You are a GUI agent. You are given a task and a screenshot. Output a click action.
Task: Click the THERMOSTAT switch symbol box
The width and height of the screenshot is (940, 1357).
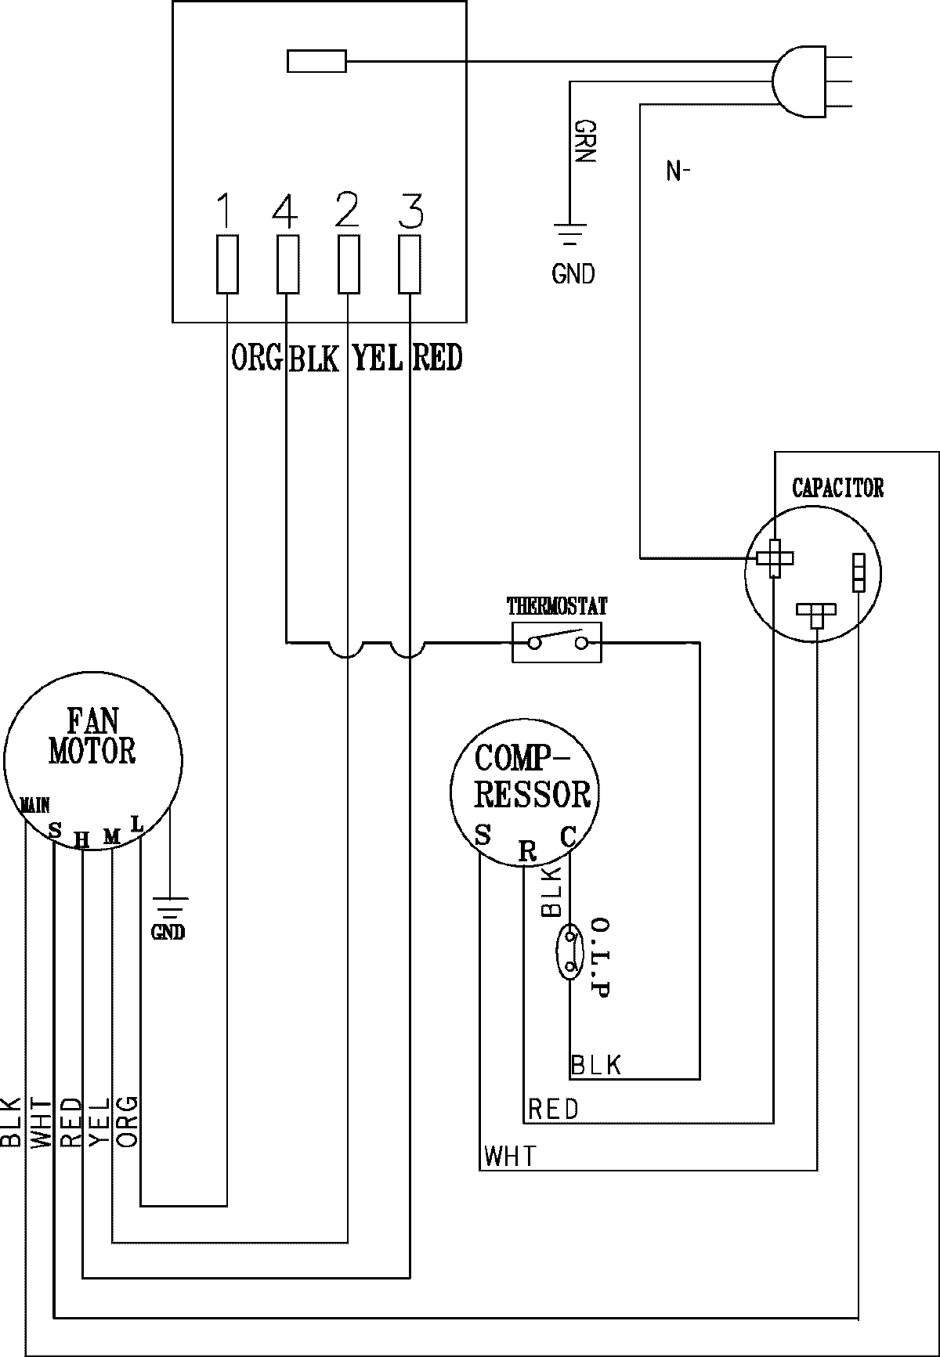coord(557,643)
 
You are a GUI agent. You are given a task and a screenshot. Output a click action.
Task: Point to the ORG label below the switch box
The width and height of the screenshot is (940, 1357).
coord(257,358)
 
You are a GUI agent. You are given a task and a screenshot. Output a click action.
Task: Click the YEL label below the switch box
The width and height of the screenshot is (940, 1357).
coord(378,358)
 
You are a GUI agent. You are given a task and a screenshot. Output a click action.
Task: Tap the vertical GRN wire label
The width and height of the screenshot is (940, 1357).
coord(585,141)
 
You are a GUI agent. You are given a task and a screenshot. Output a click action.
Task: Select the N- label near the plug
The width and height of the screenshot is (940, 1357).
coord(677,171)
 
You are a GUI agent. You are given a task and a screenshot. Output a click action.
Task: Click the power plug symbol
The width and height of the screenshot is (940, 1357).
coord(799,81)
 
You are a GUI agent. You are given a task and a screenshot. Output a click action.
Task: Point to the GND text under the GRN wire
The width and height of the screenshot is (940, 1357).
coord(573,274)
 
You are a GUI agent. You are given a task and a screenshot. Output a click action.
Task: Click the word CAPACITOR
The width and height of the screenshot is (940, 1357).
coord(837,489)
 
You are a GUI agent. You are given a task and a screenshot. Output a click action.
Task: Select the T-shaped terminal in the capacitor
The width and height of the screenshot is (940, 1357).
coord(816,613)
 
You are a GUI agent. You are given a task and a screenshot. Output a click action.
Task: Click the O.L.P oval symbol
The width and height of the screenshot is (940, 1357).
coord(569,950)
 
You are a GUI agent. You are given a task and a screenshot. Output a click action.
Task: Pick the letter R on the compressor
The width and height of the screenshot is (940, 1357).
coord(528,851)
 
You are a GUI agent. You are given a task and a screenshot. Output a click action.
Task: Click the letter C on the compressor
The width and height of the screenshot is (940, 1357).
coord(568,837)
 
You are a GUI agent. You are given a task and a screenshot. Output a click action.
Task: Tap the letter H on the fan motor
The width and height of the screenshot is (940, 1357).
coord(81,840)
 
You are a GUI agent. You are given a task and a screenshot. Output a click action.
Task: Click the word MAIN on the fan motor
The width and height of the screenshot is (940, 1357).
coord(35,804)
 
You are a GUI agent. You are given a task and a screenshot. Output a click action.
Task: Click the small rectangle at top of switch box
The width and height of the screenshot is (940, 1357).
coord(316,61)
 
